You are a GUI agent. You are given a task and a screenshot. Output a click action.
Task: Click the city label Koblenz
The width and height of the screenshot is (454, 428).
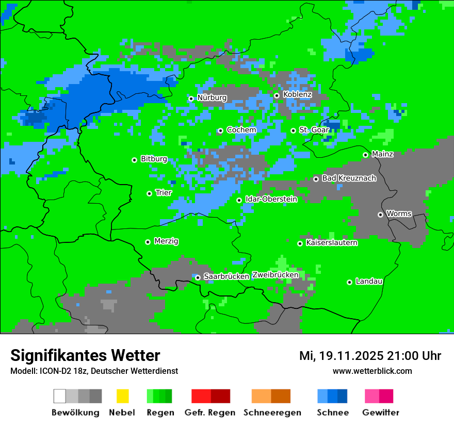point(297,94)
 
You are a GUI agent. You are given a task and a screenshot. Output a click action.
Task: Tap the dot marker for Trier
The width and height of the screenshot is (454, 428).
point(149,193)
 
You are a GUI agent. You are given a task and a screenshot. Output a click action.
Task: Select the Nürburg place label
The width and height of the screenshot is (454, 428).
point(212,97)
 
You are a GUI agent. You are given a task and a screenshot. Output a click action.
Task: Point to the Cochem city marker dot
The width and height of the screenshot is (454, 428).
point(220,130)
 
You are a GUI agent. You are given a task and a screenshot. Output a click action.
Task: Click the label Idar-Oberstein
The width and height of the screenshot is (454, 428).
point(271,199)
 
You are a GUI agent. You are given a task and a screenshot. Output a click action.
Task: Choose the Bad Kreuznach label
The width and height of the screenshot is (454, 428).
point(349,178)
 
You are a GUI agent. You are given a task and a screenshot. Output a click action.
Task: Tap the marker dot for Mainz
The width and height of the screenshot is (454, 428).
point(365,155)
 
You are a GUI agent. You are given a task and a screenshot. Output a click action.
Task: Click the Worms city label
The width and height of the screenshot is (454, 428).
point(399,213)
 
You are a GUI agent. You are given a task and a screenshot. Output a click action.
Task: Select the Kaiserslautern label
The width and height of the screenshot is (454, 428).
point(332,242)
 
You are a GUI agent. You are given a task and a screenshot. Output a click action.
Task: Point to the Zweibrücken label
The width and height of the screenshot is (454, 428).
point(275,275)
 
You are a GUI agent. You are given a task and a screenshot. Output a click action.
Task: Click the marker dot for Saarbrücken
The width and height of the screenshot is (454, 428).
point(198,277)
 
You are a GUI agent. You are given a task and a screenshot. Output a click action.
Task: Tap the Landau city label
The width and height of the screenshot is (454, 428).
point(369,281)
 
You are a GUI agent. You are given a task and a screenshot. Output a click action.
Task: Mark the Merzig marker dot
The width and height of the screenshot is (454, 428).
point(148,242)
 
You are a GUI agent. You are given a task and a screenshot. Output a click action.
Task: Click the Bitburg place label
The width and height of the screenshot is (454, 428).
point(154,159)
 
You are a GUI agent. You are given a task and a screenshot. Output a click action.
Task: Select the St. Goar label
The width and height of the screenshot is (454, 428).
point(314,129)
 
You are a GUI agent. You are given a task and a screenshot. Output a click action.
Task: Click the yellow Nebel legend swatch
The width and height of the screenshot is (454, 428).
point(122,396)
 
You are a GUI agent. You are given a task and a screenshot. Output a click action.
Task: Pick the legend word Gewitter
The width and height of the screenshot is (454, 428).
point(380,413)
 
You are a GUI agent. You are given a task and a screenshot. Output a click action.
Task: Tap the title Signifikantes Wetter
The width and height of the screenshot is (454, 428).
point(85,355)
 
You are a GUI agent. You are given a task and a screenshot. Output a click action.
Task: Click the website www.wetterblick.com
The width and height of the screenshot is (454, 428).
point(372,371)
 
